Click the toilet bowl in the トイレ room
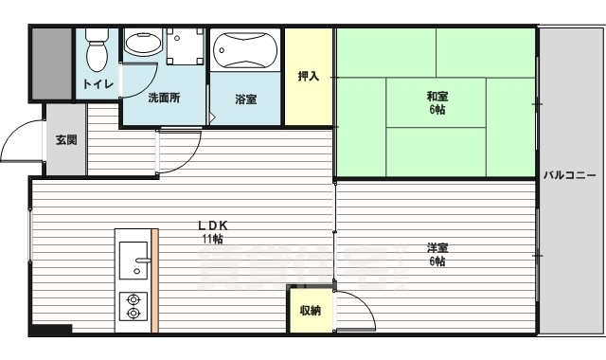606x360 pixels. click(x=97, y=53)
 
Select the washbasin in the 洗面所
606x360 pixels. click(x=144, y=46)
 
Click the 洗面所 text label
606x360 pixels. click(x=163, y=99)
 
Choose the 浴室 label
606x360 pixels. click(x=245, y=99)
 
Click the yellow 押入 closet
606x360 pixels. click(x=309, y=77)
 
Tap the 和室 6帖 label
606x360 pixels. click(x=437, y=101)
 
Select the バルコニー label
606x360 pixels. click(x=570, y=176)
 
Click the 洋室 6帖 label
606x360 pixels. click(x=437, y=255)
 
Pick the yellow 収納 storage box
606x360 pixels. click(x=311, y=311)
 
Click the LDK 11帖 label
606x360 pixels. click(x=213, y=232)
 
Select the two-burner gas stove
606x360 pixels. click(x=134, y=305)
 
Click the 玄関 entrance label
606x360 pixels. click(x=65, y=140)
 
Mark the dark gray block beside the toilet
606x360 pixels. click(x=51, y=62)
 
